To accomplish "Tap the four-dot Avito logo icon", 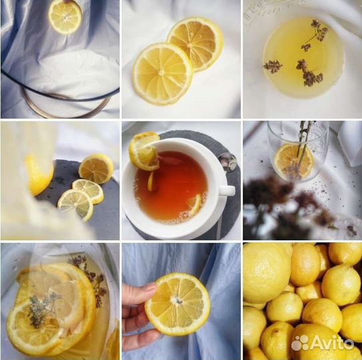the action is tap(300, 343).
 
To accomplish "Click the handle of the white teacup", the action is tap(227, 191).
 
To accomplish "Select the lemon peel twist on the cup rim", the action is tap(144, 151).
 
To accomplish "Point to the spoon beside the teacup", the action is tap(227, 161).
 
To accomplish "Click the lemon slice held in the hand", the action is tap(177, 305).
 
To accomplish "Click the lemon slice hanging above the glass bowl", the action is tap(65, 17).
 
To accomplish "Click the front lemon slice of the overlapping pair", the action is tap(163, 74).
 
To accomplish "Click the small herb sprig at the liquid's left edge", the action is tap(273, 66).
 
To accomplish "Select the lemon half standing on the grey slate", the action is tap(96, 169).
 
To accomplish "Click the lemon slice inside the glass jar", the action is tap(293, 161).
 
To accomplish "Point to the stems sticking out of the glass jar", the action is tap(305, 143).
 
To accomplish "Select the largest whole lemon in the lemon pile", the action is tap(267, 273).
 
